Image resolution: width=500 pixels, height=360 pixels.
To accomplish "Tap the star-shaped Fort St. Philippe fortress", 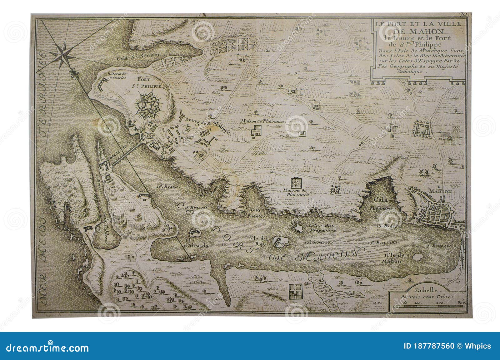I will (147, 106).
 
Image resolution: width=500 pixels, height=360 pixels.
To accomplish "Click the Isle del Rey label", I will (258, 241).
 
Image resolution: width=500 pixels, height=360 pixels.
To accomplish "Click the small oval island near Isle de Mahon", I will (417, 257).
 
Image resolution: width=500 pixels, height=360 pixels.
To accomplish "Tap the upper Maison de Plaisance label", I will (262, 121).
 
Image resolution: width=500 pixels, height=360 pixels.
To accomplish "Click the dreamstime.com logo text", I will (47, 347).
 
